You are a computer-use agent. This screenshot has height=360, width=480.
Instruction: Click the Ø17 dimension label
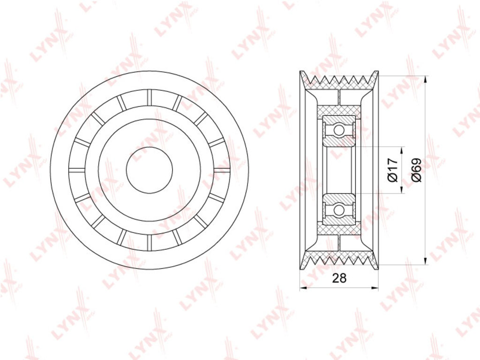[393, 170]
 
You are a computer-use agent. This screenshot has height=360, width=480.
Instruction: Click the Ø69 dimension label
[417, 170]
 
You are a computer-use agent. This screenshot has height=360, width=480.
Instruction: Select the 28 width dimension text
[339, 278]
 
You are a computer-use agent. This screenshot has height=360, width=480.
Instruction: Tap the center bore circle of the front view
[150, 170]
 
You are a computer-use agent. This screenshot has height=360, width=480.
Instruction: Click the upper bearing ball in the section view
[338, 130]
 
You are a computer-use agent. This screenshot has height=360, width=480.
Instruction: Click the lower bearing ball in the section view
[338, 210]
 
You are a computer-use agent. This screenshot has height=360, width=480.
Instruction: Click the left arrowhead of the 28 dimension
[304, 287]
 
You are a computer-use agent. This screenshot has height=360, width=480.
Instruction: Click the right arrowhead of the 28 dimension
[375, 287]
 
